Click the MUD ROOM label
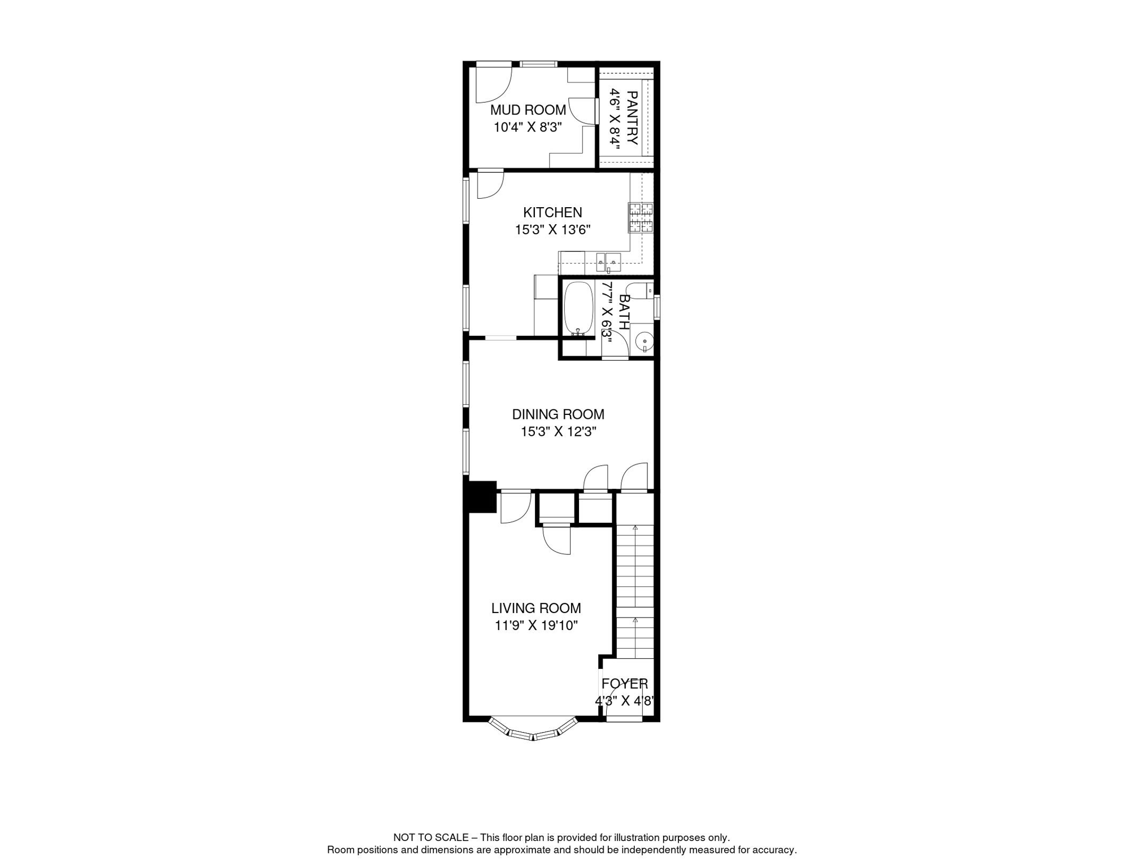click(528, 110)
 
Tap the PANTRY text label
click(633, 118)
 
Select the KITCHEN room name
click(552, 213)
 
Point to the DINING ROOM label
click(558, 414)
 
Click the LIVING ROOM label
click(536, 608)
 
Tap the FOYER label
click(624, 684)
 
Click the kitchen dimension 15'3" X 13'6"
click(552, 230)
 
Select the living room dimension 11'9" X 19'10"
click(536, 626)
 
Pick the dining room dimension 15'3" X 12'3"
click(558, 432)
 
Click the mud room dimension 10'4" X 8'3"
click(528, 128)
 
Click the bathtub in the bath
click(578, 308)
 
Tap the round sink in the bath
click(644, 341)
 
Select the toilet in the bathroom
click(640, 291)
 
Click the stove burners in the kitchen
click(641, 218)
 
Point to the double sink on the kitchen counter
click(608, 262)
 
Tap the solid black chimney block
click(480, 497)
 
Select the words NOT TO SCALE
click(431, 838)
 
